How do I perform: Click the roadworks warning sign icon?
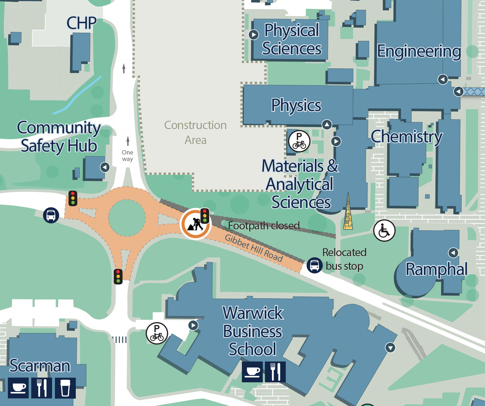[195, 224]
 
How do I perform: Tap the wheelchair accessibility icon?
[384, 231]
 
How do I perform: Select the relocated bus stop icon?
[314, 265]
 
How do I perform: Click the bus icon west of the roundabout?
[51, 215]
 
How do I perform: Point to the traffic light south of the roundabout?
[118, 276]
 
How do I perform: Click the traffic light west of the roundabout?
[73, 198]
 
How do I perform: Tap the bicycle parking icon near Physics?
[299, 141]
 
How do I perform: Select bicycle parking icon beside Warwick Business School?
[157, 333]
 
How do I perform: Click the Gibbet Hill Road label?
[254, 248]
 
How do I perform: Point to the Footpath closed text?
[264, 226]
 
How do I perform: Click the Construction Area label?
[195, 132]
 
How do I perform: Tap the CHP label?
[82, 23]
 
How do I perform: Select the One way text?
[127, 156]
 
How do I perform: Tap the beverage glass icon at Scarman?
[65, 388]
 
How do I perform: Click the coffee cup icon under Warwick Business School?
[252, 372]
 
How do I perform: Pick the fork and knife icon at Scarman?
[41, 388]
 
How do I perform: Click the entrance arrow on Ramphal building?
[453, 253]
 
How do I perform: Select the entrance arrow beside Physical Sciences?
[254, 35]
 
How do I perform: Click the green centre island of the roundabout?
[127, 218]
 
